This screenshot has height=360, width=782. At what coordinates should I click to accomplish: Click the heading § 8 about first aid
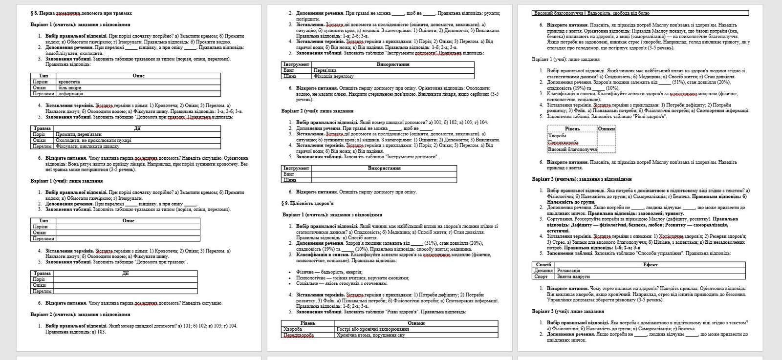[81, 13]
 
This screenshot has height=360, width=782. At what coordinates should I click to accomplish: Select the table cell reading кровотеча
[69, 82]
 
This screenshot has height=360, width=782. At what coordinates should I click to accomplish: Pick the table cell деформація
[71, 93]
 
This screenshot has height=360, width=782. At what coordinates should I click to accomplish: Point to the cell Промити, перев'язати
[79, 134]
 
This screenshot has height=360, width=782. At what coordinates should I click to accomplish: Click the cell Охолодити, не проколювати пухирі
[93, 140]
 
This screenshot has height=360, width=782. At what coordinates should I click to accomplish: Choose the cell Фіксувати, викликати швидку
[87, 146]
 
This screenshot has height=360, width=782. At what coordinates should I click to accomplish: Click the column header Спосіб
[543, 265]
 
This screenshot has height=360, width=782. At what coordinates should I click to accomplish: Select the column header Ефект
[651, 265]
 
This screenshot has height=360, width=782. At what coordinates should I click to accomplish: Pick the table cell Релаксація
[568, 271]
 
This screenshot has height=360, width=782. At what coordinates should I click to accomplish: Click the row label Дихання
[543, 271]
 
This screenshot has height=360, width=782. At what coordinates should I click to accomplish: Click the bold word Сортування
[561, 219]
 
